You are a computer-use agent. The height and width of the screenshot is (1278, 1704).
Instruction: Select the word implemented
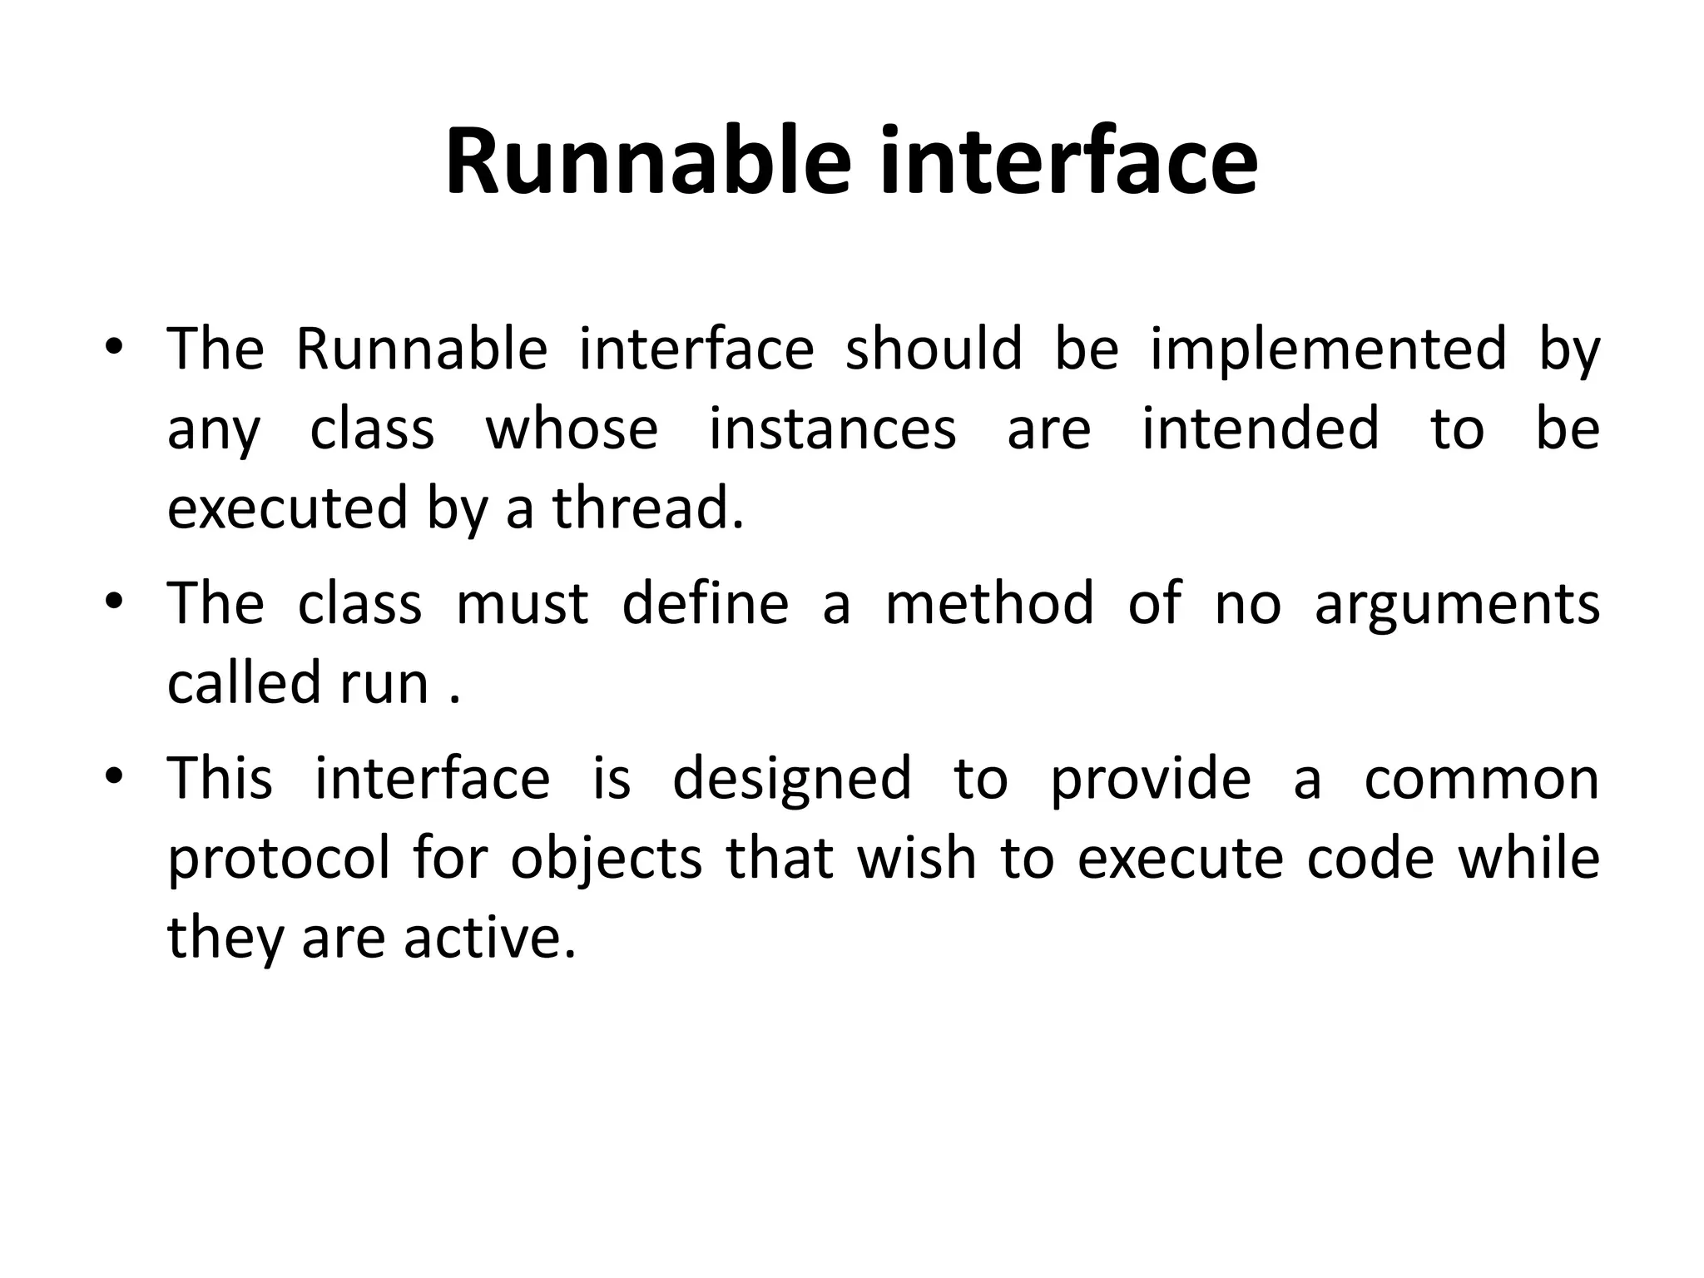click(1328, 349)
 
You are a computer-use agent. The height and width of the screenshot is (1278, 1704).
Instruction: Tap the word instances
click(832, 428)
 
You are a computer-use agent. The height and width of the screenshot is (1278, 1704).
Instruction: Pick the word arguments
click(1457, 604)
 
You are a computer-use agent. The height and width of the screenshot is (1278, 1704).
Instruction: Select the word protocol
click(278, 859)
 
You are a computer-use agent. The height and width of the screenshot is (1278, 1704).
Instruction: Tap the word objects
click(607, 859)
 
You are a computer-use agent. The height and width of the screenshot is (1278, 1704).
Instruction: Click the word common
click(1481, 780)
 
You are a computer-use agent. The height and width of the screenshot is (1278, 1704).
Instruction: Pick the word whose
click(572, 428)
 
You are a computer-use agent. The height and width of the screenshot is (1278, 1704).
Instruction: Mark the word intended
click(1260, 428)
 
